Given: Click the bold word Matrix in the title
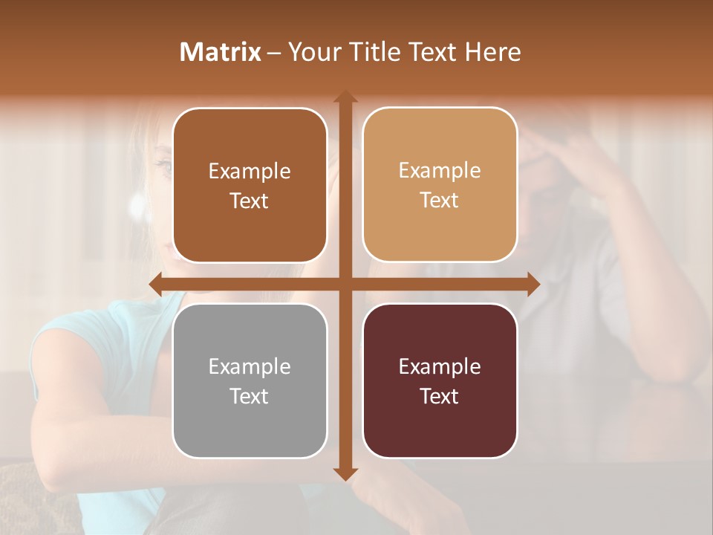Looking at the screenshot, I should click(221, 52).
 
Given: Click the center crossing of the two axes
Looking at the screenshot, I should click(345, 285).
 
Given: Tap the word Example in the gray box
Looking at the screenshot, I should click(250, 366).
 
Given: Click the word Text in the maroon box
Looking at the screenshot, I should click(440, 396).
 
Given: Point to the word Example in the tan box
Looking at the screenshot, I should click(440, 170).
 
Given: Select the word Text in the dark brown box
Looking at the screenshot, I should click(250, 201).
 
